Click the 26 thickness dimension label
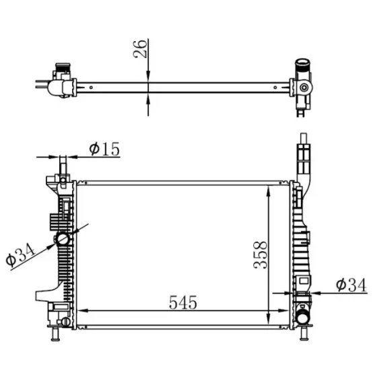pos(140,48)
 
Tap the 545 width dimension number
pos(183,302)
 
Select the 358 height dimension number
pos(260,255)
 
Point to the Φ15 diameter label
pos(104,149)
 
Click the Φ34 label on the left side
pos(20,255)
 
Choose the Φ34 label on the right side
pos(351,285)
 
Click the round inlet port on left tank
pos(63,238)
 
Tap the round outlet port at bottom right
pos(303,317)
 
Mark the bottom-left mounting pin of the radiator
pos(55,334)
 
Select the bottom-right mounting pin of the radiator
pos(304,334)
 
